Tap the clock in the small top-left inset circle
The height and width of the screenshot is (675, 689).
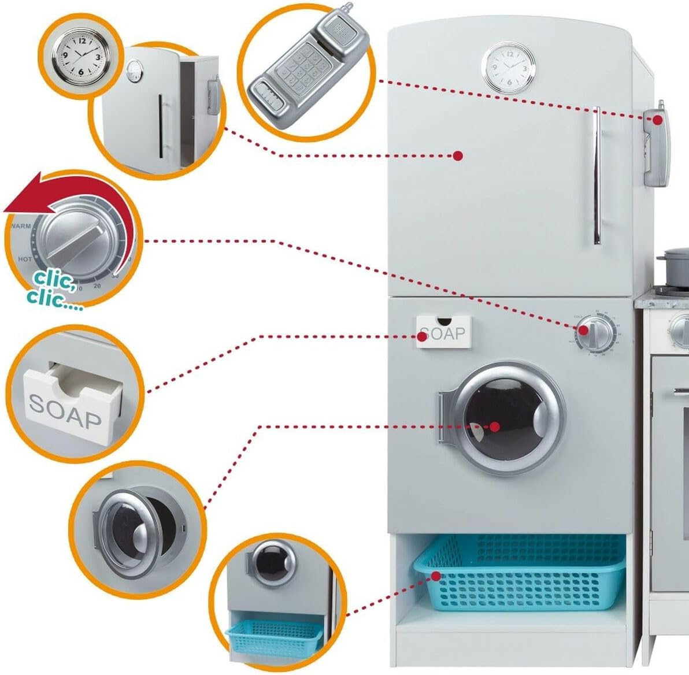point(80,56)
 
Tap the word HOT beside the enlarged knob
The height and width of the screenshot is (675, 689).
point(25,259)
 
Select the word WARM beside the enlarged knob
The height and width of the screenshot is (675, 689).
point(21,226)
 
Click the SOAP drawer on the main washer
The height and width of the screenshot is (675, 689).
point(443,332)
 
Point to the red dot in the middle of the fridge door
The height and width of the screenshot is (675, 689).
point(458,155)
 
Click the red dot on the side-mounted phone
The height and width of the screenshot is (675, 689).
point(658,120)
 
